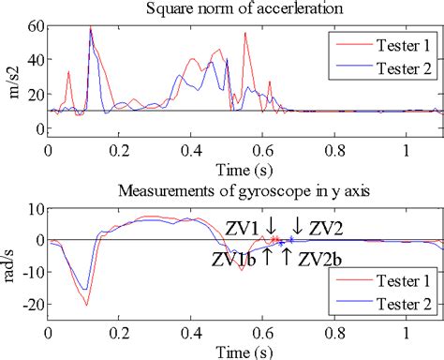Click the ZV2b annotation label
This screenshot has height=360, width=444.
click(x=318, y=258)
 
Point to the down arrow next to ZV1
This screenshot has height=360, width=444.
click(x=271, y=226)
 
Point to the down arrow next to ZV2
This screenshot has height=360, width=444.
click(x=298, y=226)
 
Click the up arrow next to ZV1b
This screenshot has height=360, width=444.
click(x=267, y=255)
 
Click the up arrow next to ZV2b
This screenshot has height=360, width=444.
click(x=286, y=255)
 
